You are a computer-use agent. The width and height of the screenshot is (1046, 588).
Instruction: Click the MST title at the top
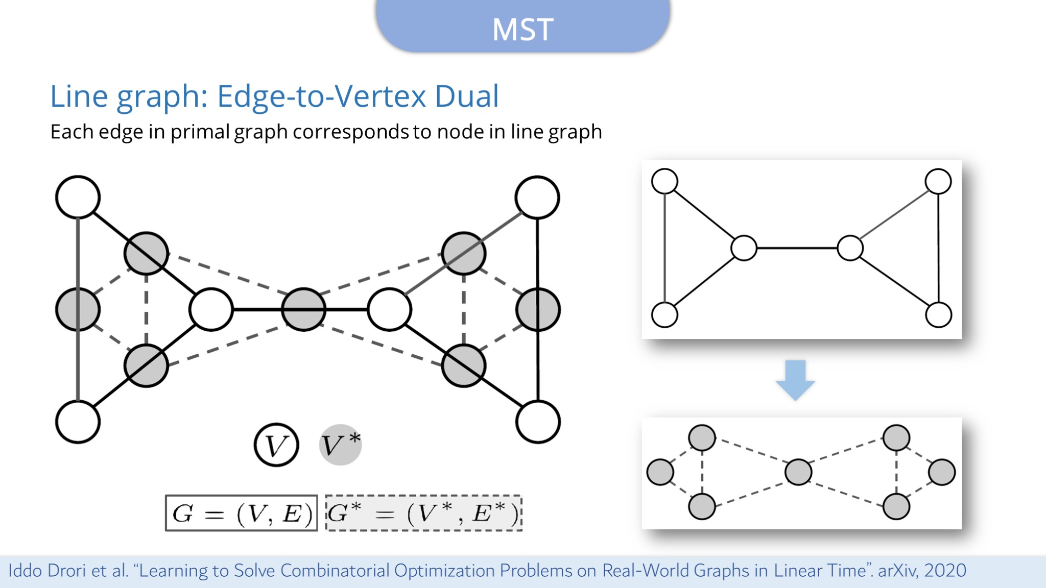pos(522,29)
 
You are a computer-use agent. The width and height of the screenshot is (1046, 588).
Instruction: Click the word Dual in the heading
pos(466,96)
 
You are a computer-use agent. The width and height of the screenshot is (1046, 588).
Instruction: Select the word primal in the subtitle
pos(200,132)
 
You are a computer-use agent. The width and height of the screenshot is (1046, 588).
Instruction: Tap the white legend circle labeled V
pos(276,445)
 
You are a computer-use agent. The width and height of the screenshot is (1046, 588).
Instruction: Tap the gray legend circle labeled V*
pos(340,445)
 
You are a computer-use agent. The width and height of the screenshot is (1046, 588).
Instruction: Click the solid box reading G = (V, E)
pos(242,513)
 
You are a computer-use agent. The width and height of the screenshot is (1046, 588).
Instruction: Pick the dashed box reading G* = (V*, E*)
pos(424,513)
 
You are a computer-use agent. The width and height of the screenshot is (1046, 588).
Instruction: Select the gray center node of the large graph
pos(304,309)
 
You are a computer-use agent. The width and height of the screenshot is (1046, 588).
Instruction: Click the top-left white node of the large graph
pos(78,197)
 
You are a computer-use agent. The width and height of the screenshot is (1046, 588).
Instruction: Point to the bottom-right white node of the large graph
pos(538,422)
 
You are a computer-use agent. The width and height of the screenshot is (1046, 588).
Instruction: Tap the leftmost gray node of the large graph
pos(78,309)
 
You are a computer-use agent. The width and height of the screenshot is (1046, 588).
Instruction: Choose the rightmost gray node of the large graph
pos(538,309)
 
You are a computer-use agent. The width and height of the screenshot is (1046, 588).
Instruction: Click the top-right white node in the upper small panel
pos(938,181)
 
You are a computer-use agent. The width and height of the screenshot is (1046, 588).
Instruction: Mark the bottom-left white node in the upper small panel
pos(664,314)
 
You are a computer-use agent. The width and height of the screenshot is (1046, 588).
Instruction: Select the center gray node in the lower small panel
pos(798,472)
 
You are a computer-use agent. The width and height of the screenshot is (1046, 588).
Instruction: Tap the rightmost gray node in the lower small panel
pos(942,472)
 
